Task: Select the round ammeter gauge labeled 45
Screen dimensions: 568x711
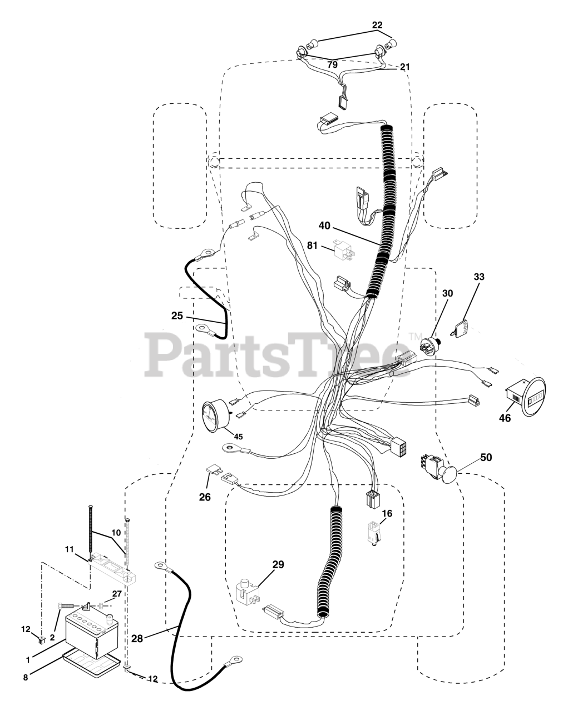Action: coord(216,417)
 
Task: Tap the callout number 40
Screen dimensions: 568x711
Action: coord(324,226)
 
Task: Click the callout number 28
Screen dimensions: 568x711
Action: coord(137,639)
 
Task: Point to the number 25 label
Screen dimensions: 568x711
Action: coord(177,316)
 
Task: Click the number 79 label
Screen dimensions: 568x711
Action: coord(332,64)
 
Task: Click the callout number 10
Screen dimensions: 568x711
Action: coord(116,532)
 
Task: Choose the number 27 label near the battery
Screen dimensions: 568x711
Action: coord(116,594)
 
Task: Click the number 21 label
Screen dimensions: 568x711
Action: coord(404,67)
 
